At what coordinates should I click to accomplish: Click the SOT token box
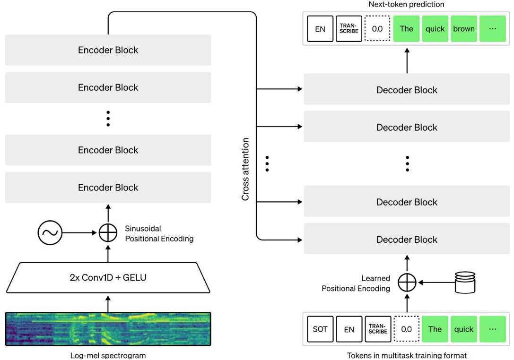320,329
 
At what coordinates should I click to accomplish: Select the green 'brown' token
464,29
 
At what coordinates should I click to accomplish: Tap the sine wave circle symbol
50,232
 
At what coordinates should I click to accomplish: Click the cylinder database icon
465,282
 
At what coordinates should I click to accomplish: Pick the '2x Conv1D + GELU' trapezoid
108,277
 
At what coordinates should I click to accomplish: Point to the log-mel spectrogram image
108,329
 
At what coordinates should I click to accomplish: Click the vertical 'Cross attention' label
245,169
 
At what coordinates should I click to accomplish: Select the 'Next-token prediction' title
407,4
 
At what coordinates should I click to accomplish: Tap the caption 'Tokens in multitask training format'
407,355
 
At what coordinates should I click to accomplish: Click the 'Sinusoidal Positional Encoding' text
159,233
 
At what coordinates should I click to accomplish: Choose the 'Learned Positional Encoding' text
356,283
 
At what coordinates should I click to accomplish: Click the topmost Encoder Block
108,50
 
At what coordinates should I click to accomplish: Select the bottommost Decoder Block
407,240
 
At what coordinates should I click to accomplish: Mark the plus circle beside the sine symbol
108,232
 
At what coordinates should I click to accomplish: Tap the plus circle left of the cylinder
407,283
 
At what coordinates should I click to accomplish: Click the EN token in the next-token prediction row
320,29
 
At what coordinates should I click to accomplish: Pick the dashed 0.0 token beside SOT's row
407,329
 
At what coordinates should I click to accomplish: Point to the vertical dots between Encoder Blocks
108,119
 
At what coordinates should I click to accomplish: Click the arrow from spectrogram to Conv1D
108,304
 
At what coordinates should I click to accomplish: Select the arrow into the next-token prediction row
407,60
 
